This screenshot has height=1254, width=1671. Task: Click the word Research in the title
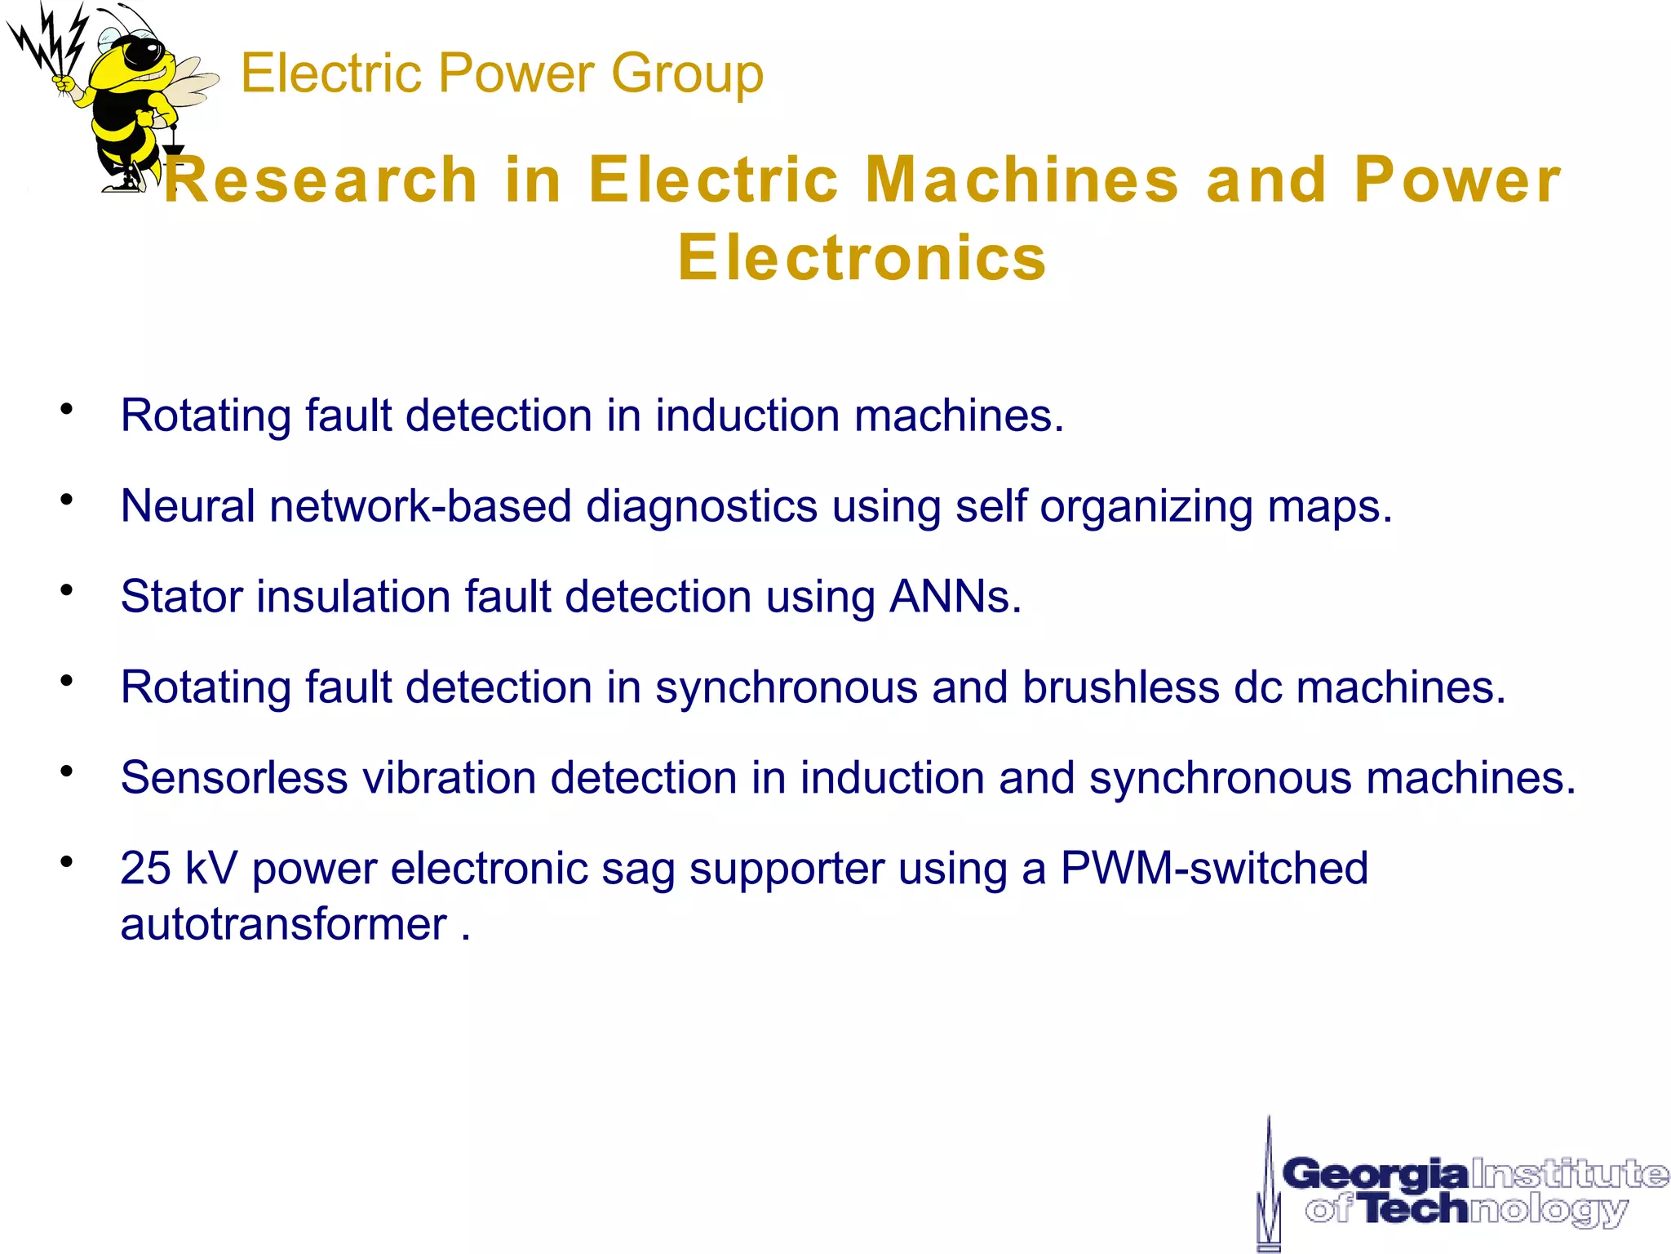[x=321, y=180]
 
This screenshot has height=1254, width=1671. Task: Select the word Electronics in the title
[x=862, y=258]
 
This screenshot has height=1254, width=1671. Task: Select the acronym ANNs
[x=955, y=597]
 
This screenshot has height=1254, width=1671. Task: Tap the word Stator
[x=181, y=597]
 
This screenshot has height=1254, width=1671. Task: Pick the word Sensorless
[x=234, y=778]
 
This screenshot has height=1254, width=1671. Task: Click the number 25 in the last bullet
[x=145, y=868]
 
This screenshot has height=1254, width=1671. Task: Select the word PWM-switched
[x=1214, y=868]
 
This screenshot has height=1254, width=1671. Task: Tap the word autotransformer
[x=283, y=925]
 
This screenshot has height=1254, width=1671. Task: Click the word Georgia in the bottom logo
[x=1376, y=1175]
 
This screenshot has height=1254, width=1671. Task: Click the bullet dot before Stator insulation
[x=67, y=589]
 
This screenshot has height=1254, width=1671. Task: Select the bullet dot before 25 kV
[x=67, y=860]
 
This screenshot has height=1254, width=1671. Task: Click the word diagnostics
[x=702, y=507]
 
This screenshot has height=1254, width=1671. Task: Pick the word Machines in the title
[x=1022, y=180]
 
